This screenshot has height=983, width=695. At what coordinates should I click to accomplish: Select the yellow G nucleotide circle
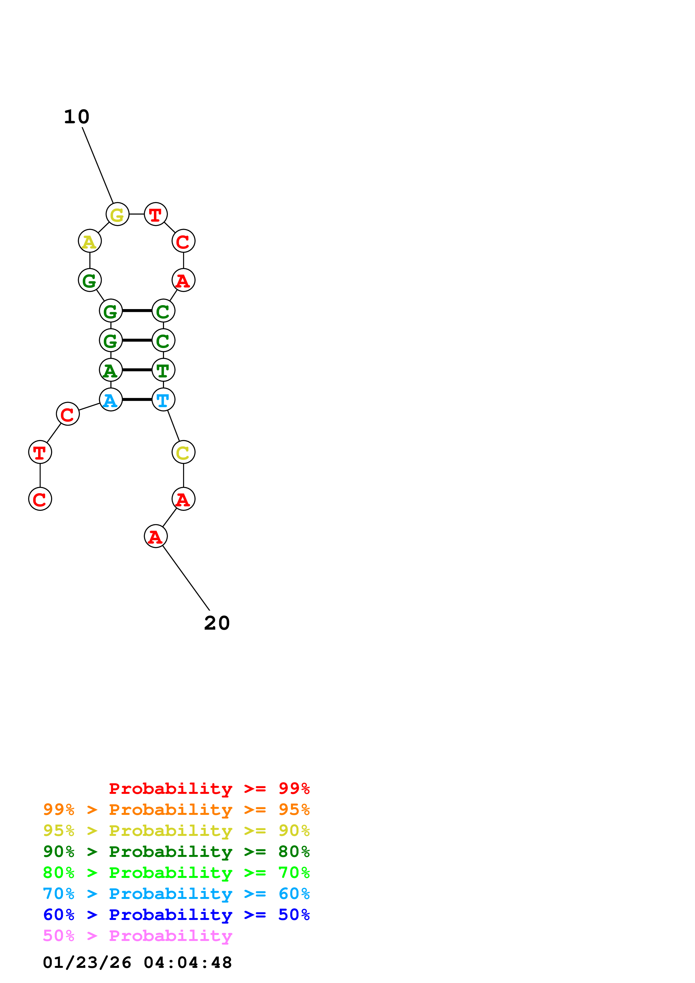click(117, 214)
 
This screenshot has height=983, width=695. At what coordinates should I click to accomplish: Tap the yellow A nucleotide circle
click(89, 241)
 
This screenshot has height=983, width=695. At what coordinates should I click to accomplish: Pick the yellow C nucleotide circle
click(183, 452)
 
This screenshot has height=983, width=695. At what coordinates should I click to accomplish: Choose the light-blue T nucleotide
click(163, 400)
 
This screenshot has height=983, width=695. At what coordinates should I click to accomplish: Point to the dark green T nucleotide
click(163, 370)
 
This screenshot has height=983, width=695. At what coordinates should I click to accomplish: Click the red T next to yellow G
click(155, 214)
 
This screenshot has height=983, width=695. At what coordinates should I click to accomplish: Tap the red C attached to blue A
click(68, 414)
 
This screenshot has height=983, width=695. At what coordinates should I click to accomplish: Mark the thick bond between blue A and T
click(137, 400)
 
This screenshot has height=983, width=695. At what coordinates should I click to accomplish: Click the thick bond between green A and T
click(137, 370)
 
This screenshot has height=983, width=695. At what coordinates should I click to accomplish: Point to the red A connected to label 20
click(155, 536)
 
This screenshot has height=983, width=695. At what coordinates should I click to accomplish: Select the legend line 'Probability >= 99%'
click(209, 788)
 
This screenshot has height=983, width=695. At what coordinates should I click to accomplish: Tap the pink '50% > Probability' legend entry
click(137, 935)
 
